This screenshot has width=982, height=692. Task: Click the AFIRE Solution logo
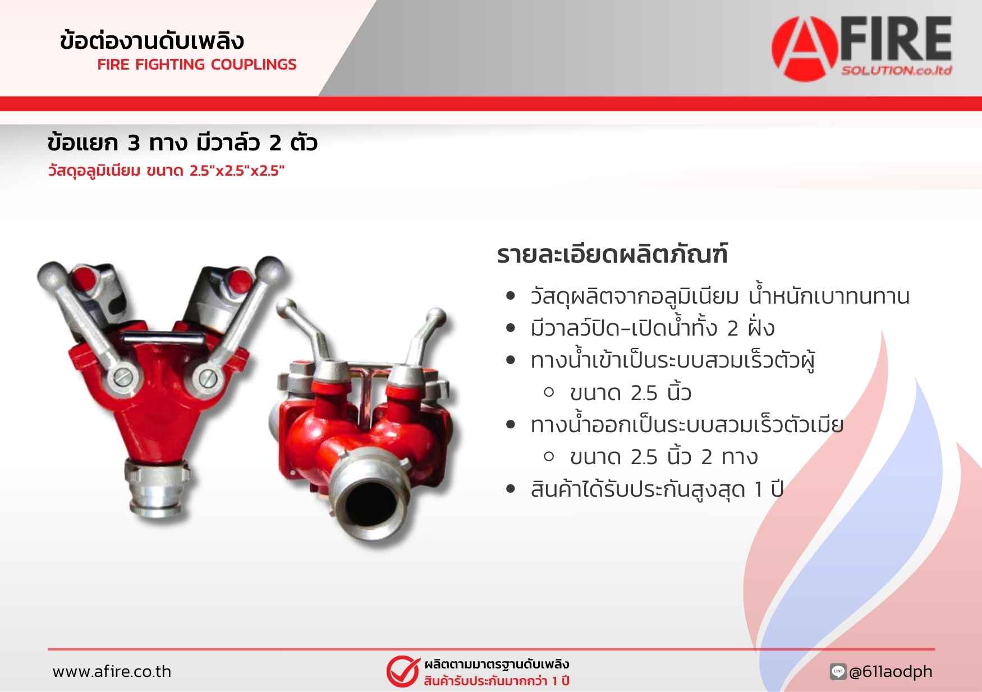coord(862,47)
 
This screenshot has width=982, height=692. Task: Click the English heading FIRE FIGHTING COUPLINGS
coord(197,65)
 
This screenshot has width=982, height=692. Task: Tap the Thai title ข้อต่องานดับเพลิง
coord(152,40)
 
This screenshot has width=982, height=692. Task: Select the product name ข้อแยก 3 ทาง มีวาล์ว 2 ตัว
coord(182,143)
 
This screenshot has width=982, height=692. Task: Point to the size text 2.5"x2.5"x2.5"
coord(237,171)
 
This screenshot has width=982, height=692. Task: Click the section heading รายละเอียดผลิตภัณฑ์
coord(612,254)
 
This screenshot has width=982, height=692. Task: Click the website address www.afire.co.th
coord(112,671)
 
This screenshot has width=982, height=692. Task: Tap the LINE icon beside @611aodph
coord(838,671)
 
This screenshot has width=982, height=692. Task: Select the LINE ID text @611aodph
coord(891,671)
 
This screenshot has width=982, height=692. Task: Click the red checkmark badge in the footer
coord(402,671)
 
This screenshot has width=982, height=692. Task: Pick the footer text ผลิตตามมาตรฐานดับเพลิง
coord(497,664)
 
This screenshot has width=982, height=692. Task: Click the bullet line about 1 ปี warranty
coord(657,489)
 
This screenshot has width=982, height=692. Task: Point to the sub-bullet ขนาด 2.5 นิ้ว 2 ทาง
coord(663,457)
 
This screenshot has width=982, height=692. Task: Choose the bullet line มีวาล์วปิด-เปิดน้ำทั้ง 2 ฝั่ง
coord(653,328)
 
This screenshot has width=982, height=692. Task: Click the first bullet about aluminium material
coord(720,296)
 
